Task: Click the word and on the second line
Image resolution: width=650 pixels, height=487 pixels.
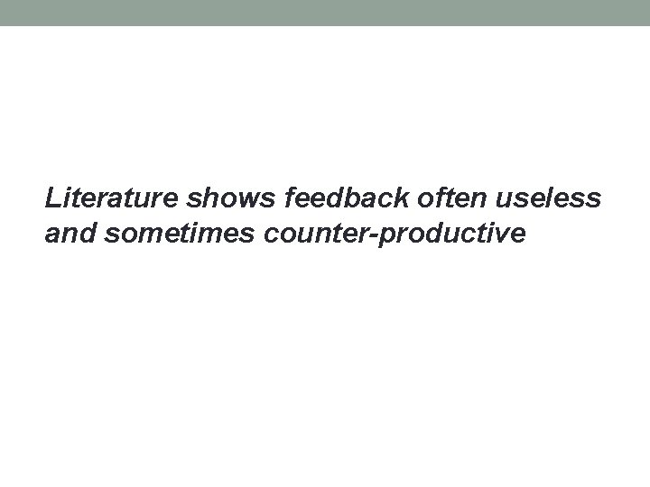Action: click(70, 234)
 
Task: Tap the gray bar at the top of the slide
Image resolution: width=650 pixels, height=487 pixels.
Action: click(325, 13)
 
